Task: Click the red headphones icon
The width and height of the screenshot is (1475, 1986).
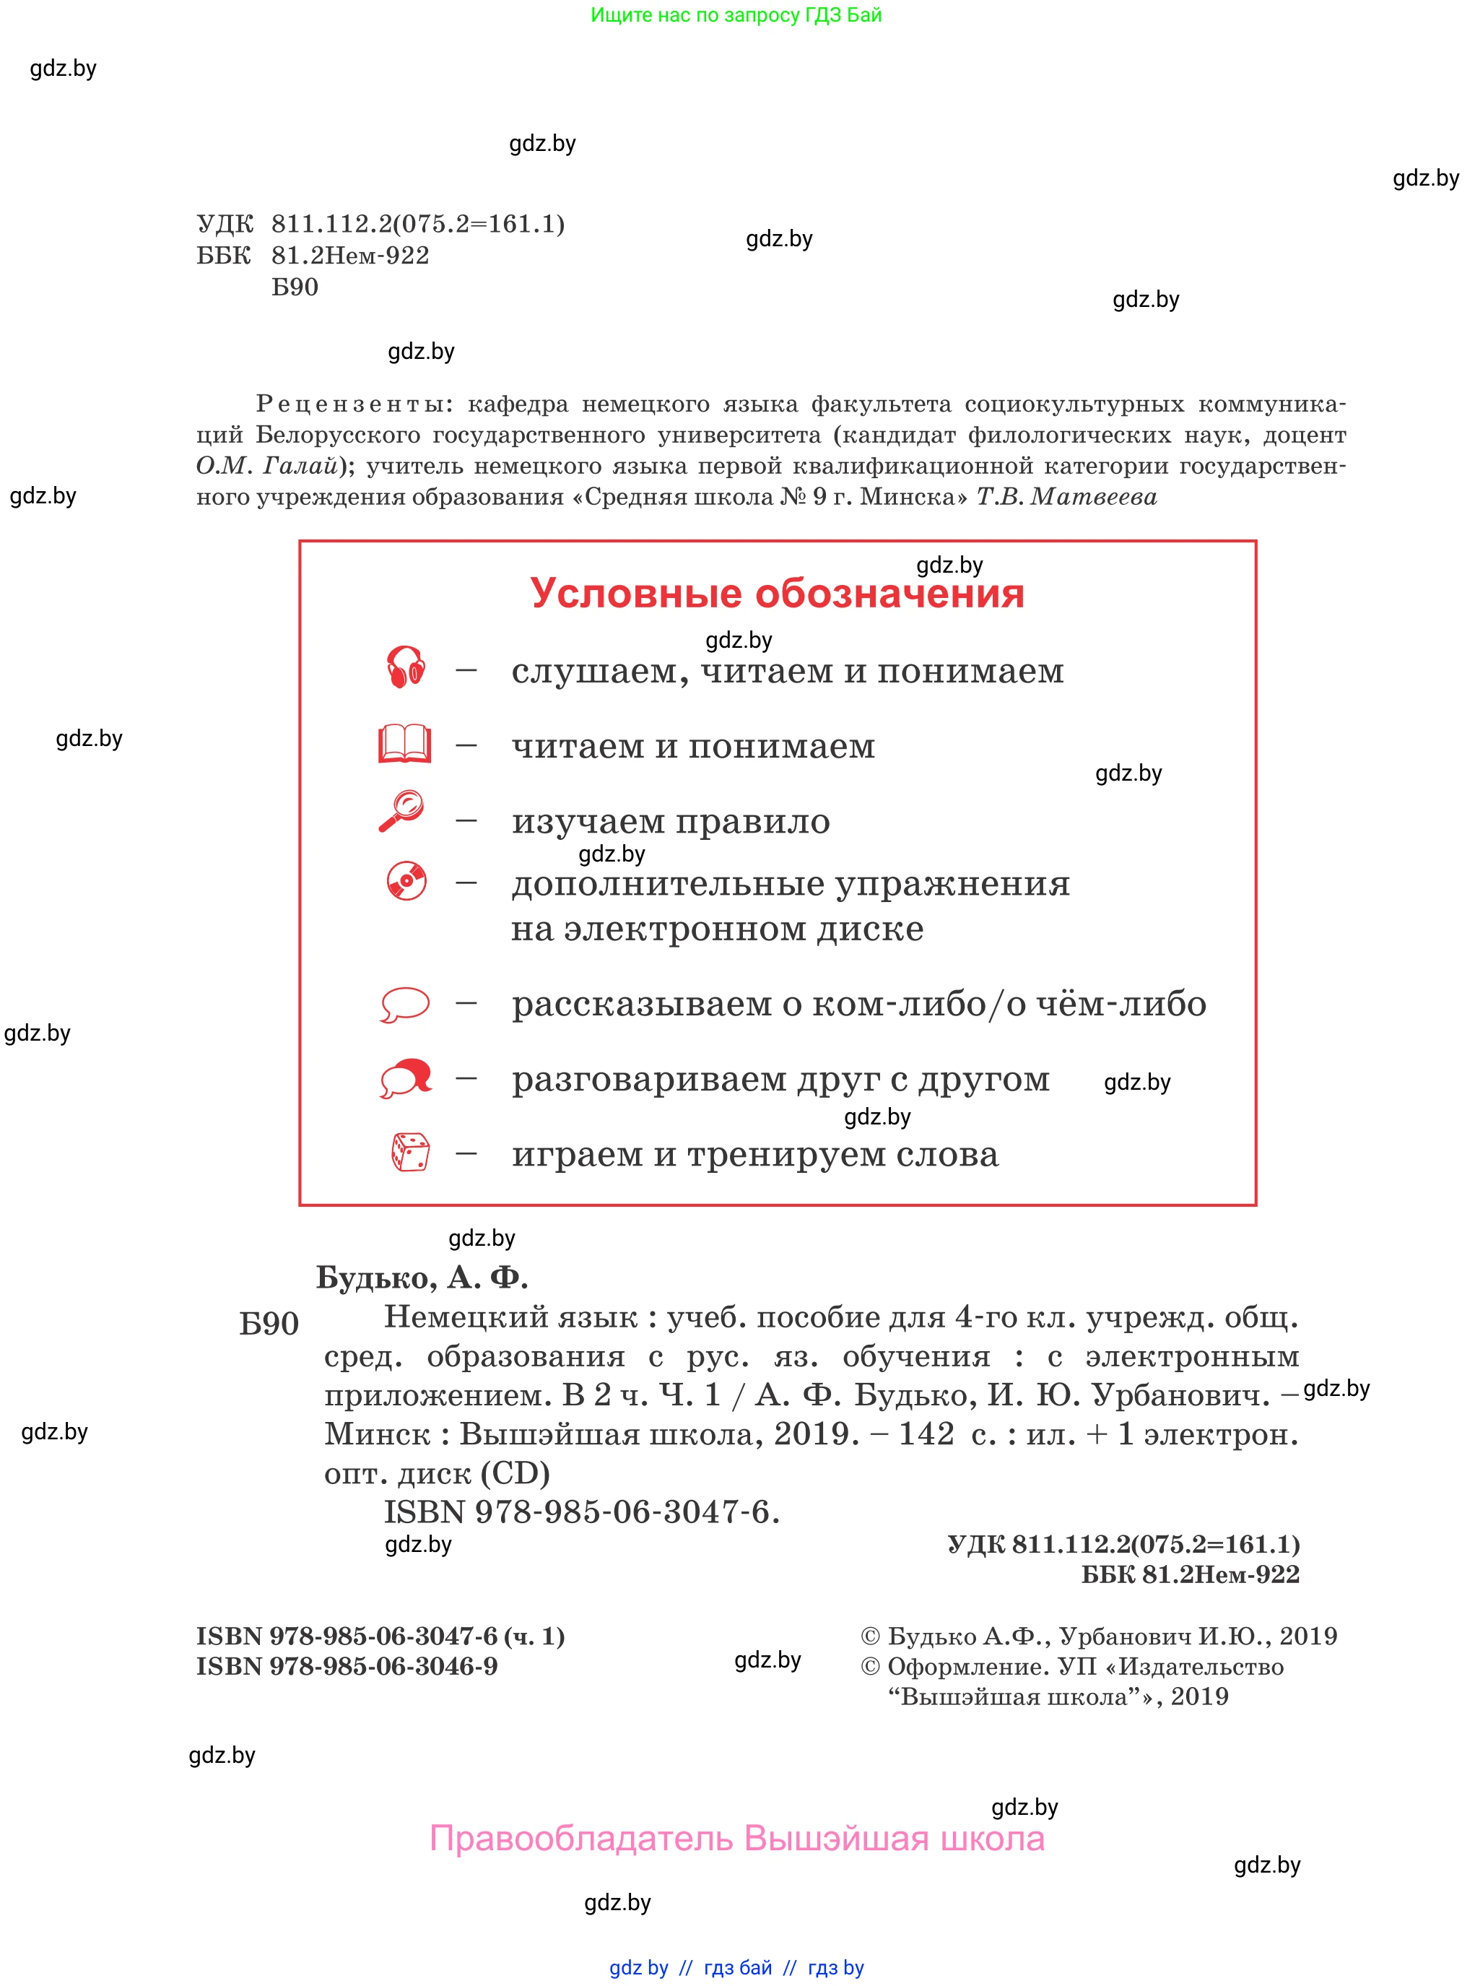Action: click(x=405, y=667)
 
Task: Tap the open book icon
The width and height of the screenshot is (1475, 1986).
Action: click(x=404, y=743)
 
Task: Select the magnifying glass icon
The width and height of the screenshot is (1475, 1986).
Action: click(x=402, y=811)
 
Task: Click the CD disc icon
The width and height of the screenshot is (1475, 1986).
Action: click(x=406, y=880)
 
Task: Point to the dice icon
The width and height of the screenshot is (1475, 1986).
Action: click(x=410, y=1152)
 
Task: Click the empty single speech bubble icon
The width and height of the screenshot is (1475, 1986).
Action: click(x=404, y=1004)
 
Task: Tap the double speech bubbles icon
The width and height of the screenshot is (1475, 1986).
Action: click(x=406, y=1077)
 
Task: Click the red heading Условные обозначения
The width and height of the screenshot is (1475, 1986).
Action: click(x=777, y=594)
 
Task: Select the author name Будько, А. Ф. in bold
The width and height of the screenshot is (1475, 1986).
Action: click(x=422, y=1278)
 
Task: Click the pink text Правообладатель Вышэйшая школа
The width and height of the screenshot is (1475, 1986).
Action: click(x=736, y=1839)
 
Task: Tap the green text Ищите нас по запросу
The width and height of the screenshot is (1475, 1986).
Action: click(x=736, y=15)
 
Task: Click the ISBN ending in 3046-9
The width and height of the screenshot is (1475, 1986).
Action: click(x=347, y=1666)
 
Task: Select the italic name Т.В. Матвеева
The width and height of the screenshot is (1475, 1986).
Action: click(x=1066, y=498)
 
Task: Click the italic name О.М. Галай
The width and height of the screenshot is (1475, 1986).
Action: click(x=266, y=466)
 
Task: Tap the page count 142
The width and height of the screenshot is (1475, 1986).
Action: click(x=926, y=1434)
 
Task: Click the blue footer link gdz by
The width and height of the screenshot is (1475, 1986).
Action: click(x=638, y=1967)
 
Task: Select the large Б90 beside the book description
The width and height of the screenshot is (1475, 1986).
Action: click(x=269, y=1324)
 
